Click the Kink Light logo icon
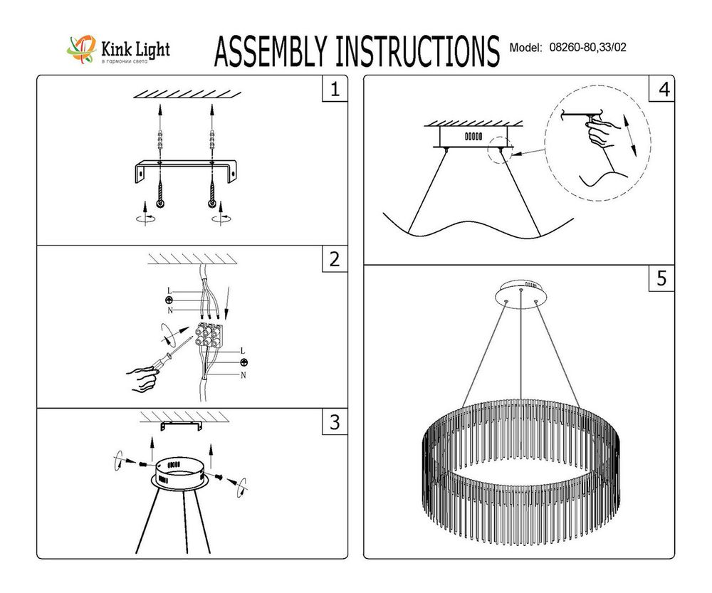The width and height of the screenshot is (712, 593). click(79, 48)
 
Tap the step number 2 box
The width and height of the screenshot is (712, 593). click(334, 261)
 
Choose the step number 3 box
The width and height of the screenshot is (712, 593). click(334, 423)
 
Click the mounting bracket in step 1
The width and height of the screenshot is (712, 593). click(187, 172)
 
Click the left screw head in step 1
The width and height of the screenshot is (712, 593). click(162, 204)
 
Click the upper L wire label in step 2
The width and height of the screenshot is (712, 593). click(169, 290)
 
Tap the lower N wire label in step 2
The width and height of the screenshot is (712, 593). click(244, 374)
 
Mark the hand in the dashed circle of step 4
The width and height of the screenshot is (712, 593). click(603, 132)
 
